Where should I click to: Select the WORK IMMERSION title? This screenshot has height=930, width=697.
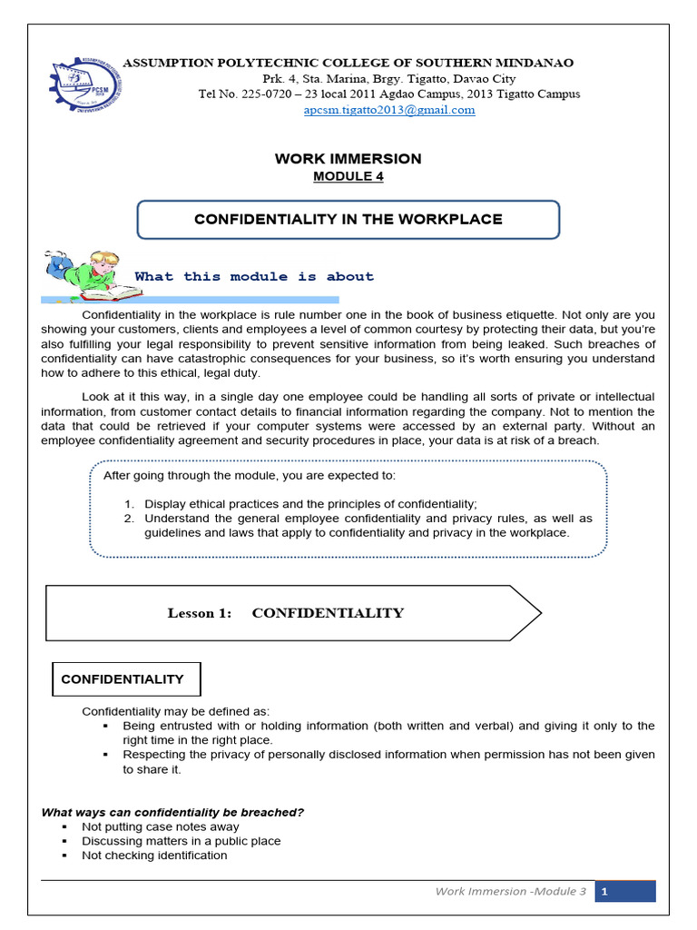pos(348,159)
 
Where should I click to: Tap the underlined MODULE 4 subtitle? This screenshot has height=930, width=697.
pos(348,176)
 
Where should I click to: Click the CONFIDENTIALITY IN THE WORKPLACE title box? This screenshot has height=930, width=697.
pos(348,220)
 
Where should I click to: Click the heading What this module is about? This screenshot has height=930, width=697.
pos(254,277)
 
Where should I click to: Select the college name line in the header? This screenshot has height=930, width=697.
pos(348,63)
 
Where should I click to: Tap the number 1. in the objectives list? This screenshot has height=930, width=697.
pos(130,504)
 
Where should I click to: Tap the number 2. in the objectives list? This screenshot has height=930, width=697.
pos(130,519)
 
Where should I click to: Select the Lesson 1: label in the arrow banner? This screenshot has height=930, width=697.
pos(200,613)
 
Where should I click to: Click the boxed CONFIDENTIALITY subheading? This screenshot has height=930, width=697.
pos(123,679)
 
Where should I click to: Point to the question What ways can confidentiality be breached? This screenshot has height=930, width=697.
pos(172,812)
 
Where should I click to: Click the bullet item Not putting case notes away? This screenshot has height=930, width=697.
pos(161,826)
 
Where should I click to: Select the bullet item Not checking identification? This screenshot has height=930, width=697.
pos(154,856)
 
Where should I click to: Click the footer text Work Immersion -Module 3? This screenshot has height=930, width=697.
pos(511,892)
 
